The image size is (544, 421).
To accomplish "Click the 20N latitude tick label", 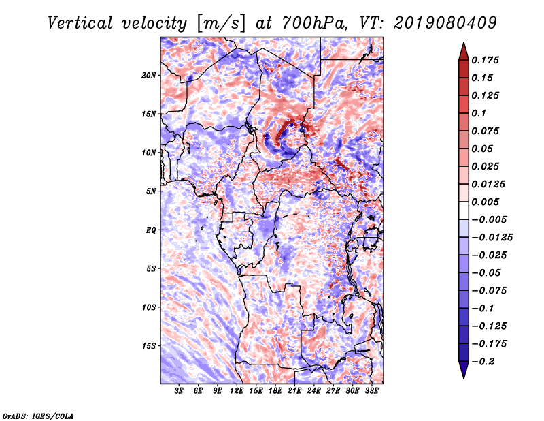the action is point(149,75).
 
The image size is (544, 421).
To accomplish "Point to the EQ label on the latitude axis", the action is point(151,230).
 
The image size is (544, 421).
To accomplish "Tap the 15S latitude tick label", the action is point(149,346).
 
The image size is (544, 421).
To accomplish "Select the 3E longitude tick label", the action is point(179,390).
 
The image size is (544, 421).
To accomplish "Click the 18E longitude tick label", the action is point(275,390).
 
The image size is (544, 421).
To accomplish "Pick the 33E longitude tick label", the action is point(371,390).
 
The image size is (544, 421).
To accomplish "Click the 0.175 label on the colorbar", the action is point(485,60).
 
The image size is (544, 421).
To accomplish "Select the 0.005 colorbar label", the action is point(485,202).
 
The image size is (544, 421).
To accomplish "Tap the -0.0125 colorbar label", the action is point(492,238).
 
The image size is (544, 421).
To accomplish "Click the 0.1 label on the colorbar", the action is point(479,113).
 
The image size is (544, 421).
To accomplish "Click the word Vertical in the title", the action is point(80,23).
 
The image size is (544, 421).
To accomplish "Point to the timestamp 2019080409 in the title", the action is point(445,23).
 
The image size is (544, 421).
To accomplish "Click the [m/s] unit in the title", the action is point(221,24).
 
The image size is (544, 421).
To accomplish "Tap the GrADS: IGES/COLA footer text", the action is point(37,416).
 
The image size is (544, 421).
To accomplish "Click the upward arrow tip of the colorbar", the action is point(464,43).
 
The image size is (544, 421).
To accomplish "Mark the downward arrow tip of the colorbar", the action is point(464,378).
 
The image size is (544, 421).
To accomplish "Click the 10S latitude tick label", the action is point(149,307).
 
